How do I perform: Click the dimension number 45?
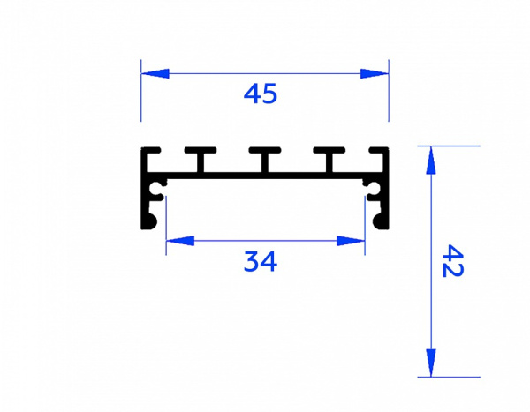(261, 94)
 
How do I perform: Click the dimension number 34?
(261, 261)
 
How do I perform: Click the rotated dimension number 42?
(453, 261)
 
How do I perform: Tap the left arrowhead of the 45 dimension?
(155, 73)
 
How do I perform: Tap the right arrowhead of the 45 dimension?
(375, 73)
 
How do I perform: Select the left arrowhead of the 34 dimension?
(180, 241)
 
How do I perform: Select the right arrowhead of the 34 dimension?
(351, 241)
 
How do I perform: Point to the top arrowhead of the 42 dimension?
(431, 160)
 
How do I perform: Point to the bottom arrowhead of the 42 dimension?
(431, 363)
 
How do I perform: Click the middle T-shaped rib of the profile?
(265, 159)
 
